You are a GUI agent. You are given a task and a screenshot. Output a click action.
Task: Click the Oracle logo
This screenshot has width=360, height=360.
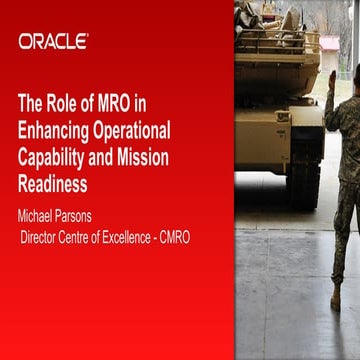pyautogui.click(x=53, y=41)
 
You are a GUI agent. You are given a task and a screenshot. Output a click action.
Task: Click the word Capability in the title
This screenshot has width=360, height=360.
pyautogui.click(x=57, y=157)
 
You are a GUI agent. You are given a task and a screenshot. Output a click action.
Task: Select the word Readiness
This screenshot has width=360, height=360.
pyautogui.click(x=53, y=184)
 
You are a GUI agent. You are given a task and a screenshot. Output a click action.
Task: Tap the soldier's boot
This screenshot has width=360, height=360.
pyautogui.click(x=336, y=300)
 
